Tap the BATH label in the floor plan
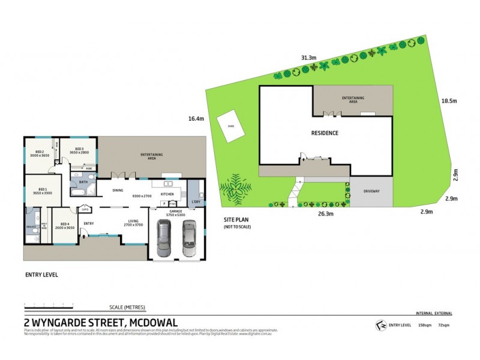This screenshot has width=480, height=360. (83, 182)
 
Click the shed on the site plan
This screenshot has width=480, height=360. (230, 126)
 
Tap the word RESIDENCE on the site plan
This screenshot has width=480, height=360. (324, 133)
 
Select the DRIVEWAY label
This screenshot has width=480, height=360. (371, 191)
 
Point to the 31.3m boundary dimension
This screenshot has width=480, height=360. (308, 58)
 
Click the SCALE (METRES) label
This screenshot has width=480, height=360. (127, 307)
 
